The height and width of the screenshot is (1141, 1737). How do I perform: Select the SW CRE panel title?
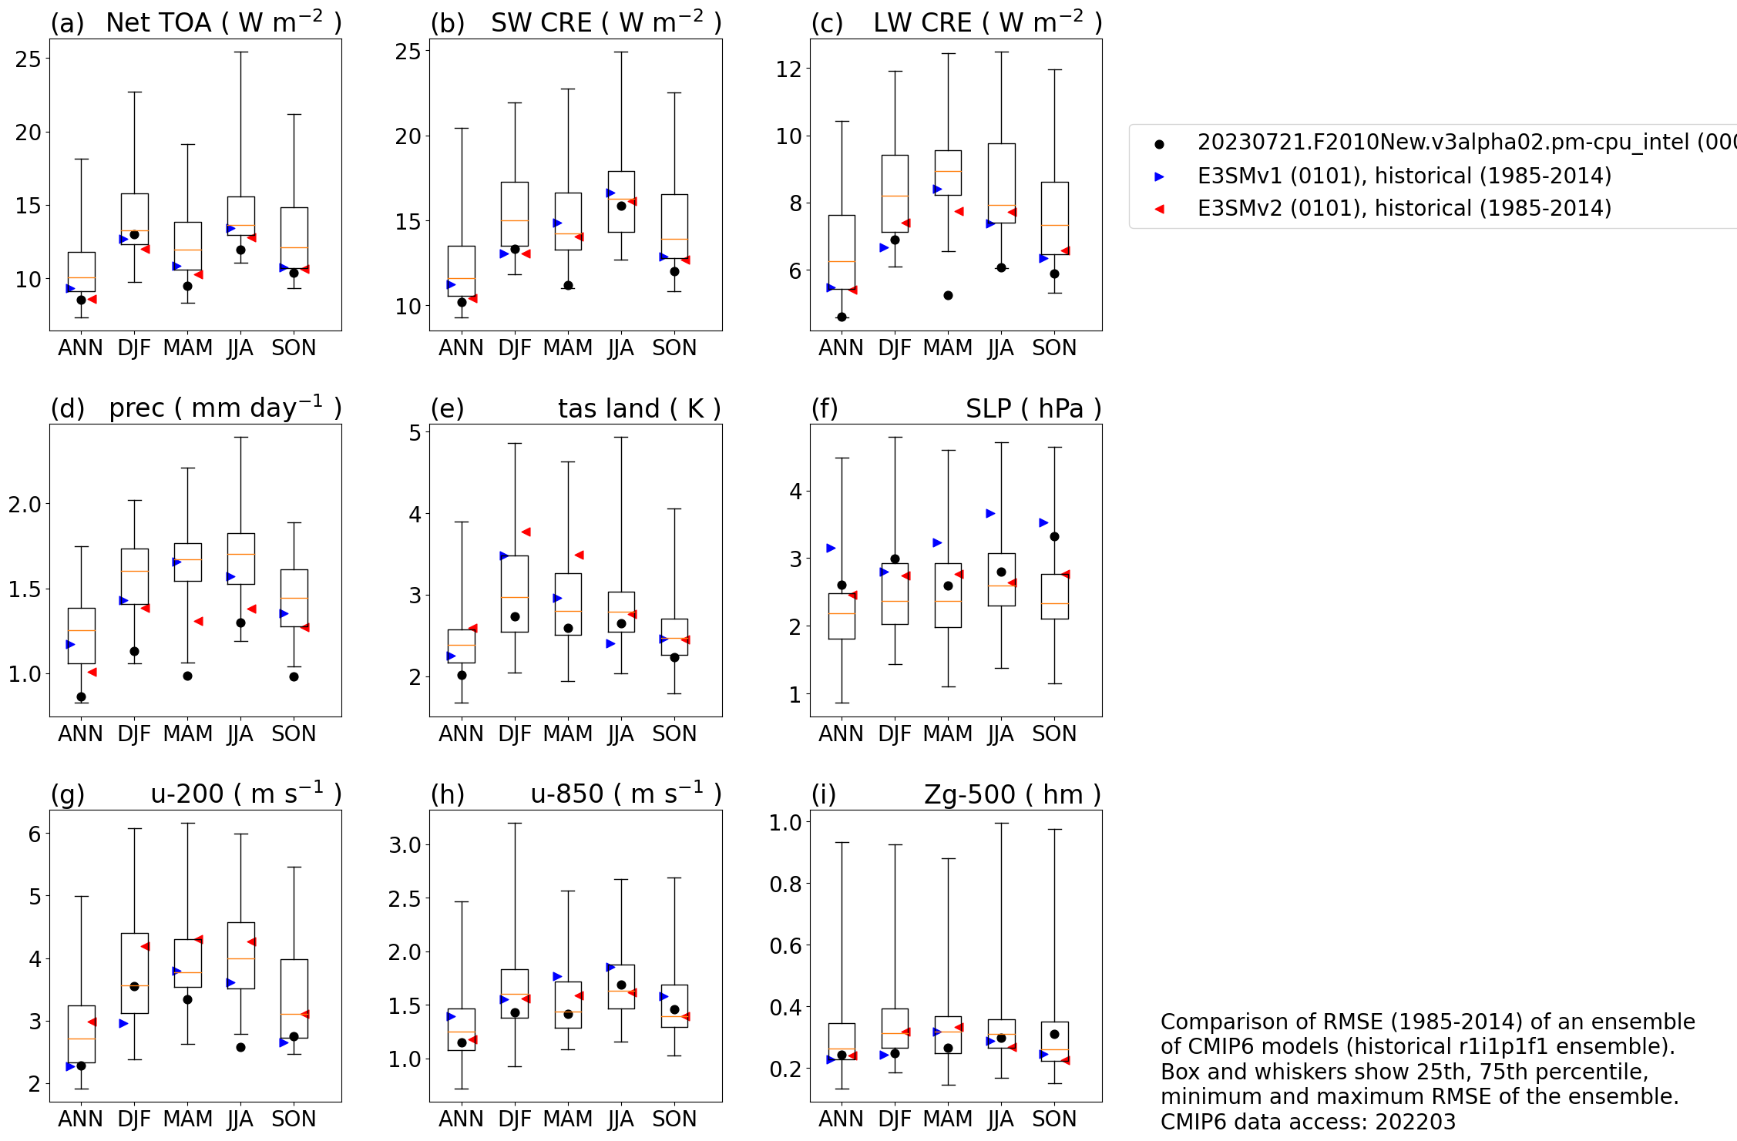tap(606, 22)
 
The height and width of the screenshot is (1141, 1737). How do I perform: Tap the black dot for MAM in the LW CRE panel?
tap(948, 295)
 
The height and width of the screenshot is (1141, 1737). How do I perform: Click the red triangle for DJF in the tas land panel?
tap(526, 532)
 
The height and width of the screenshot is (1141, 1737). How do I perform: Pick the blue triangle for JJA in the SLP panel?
tap(990, 513)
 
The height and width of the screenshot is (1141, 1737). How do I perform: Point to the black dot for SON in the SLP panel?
tap(1054, 536)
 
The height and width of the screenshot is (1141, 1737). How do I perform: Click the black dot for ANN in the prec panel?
tap(81, 696)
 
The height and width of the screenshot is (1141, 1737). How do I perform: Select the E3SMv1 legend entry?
tap(1403, 176)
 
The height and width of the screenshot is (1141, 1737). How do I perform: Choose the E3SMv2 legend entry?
tap(1403, 208)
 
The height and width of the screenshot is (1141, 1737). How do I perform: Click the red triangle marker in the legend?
tap(1159, 209)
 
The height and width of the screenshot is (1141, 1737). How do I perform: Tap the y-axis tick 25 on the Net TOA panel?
tap(29, 59)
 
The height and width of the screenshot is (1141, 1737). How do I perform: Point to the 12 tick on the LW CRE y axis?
tap(788, 69)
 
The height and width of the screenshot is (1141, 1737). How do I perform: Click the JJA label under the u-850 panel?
tap(620, 1119)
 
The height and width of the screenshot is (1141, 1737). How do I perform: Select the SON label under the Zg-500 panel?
tap(1054, 1119)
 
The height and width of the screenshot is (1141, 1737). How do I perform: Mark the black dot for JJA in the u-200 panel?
tap(240, 1047)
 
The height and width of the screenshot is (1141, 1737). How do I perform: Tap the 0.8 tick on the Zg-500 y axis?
tap(785, 884)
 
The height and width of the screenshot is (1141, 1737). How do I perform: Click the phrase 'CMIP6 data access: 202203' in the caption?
tap(1308, 1122)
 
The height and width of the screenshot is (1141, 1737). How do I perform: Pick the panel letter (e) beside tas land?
tap(447, 408)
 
